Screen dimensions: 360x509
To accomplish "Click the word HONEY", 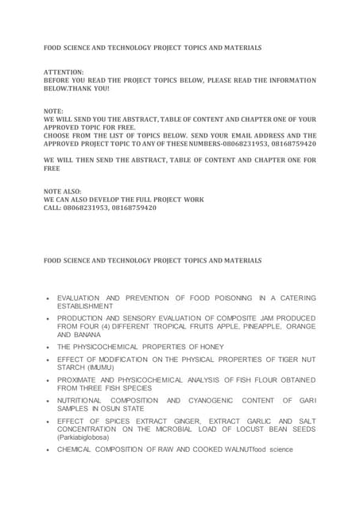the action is (x=211, y=347).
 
